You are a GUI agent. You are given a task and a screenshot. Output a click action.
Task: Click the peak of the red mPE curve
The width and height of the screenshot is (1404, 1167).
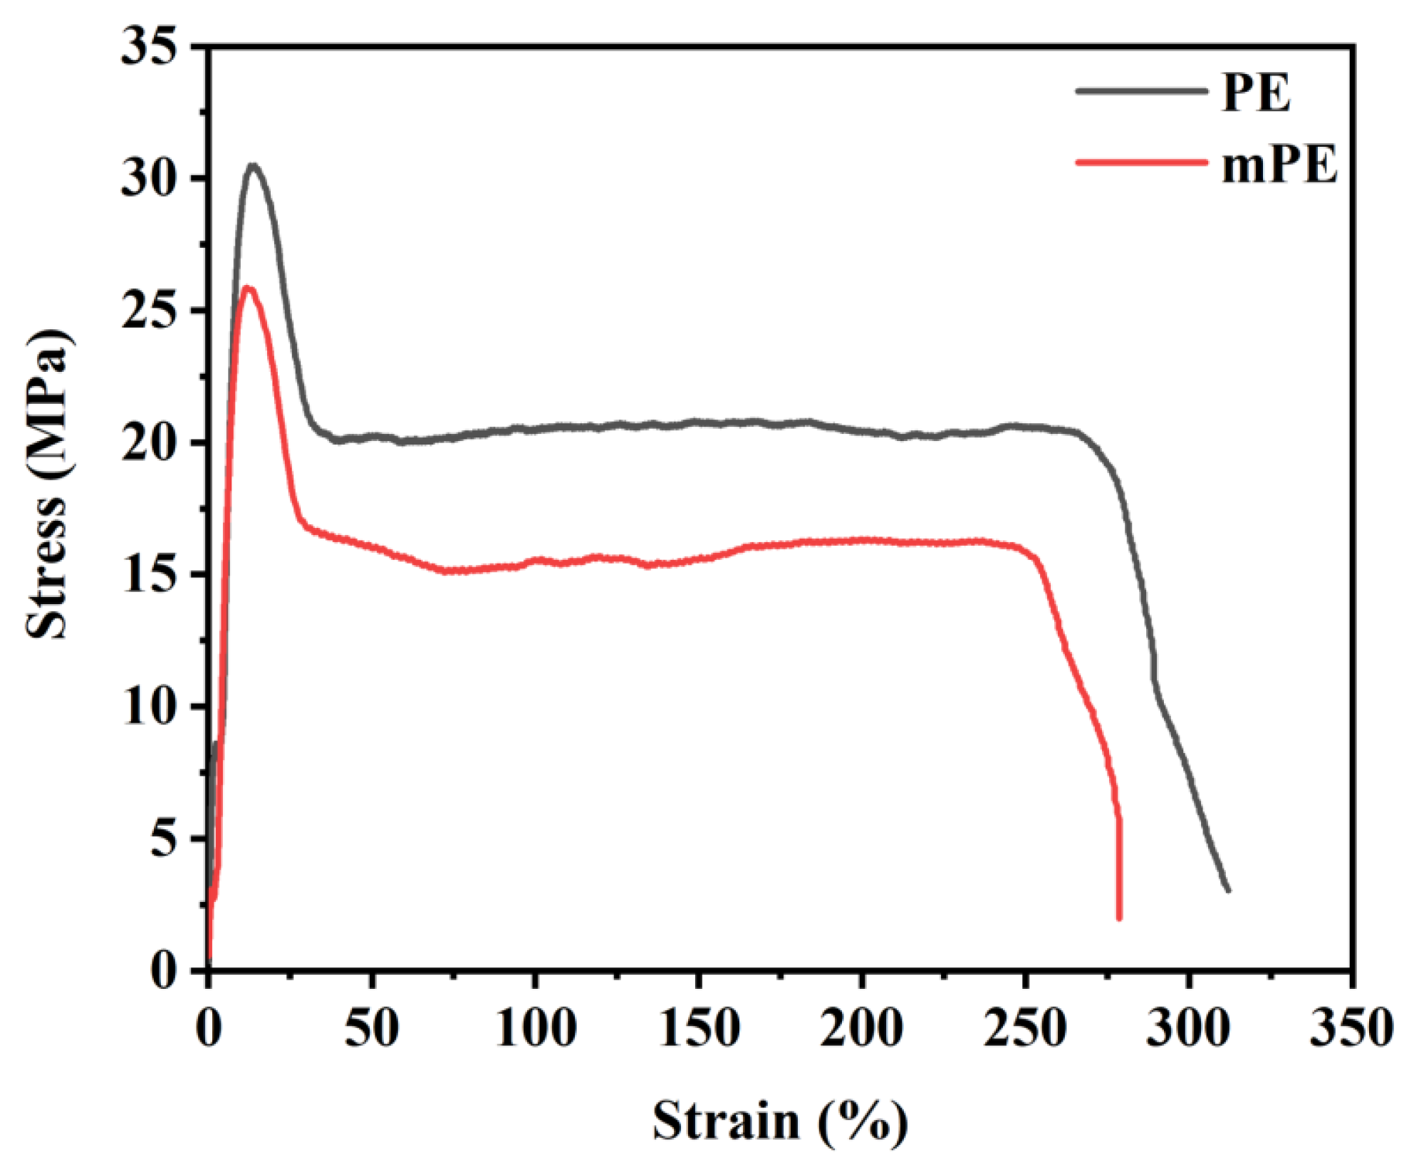coord(247,288)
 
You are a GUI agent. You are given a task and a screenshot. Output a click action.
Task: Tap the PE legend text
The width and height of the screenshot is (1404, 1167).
coord(1255,93)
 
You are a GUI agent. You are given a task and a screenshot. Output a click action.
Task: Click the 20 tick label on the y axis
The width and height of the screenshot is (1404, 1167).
coord(148,443)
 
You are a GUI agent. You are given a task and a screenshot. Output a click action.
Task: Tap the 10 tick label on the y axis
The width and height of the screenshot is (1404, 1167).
coord(148,707)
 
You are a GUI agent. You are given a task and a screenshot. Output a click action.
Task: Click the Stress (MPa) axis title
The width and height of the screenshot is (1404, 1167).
coord(48,484)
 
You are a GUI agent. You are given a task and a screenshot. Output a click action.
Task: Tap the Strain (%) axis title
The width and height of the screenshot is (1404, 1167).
coord(780,1121)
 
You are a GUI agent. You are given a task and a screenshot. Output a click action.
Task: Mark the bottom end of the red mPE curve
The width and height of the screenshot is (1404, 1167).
coord(1119,918)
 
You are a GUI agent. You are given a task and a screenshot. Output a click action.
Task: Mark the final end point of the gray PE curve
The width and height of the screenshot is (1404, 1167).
coord(1228,890)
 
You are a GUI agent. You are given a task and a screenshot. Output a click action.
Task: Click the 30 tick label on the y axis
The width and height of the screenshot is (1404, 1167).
coord(148,179)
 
